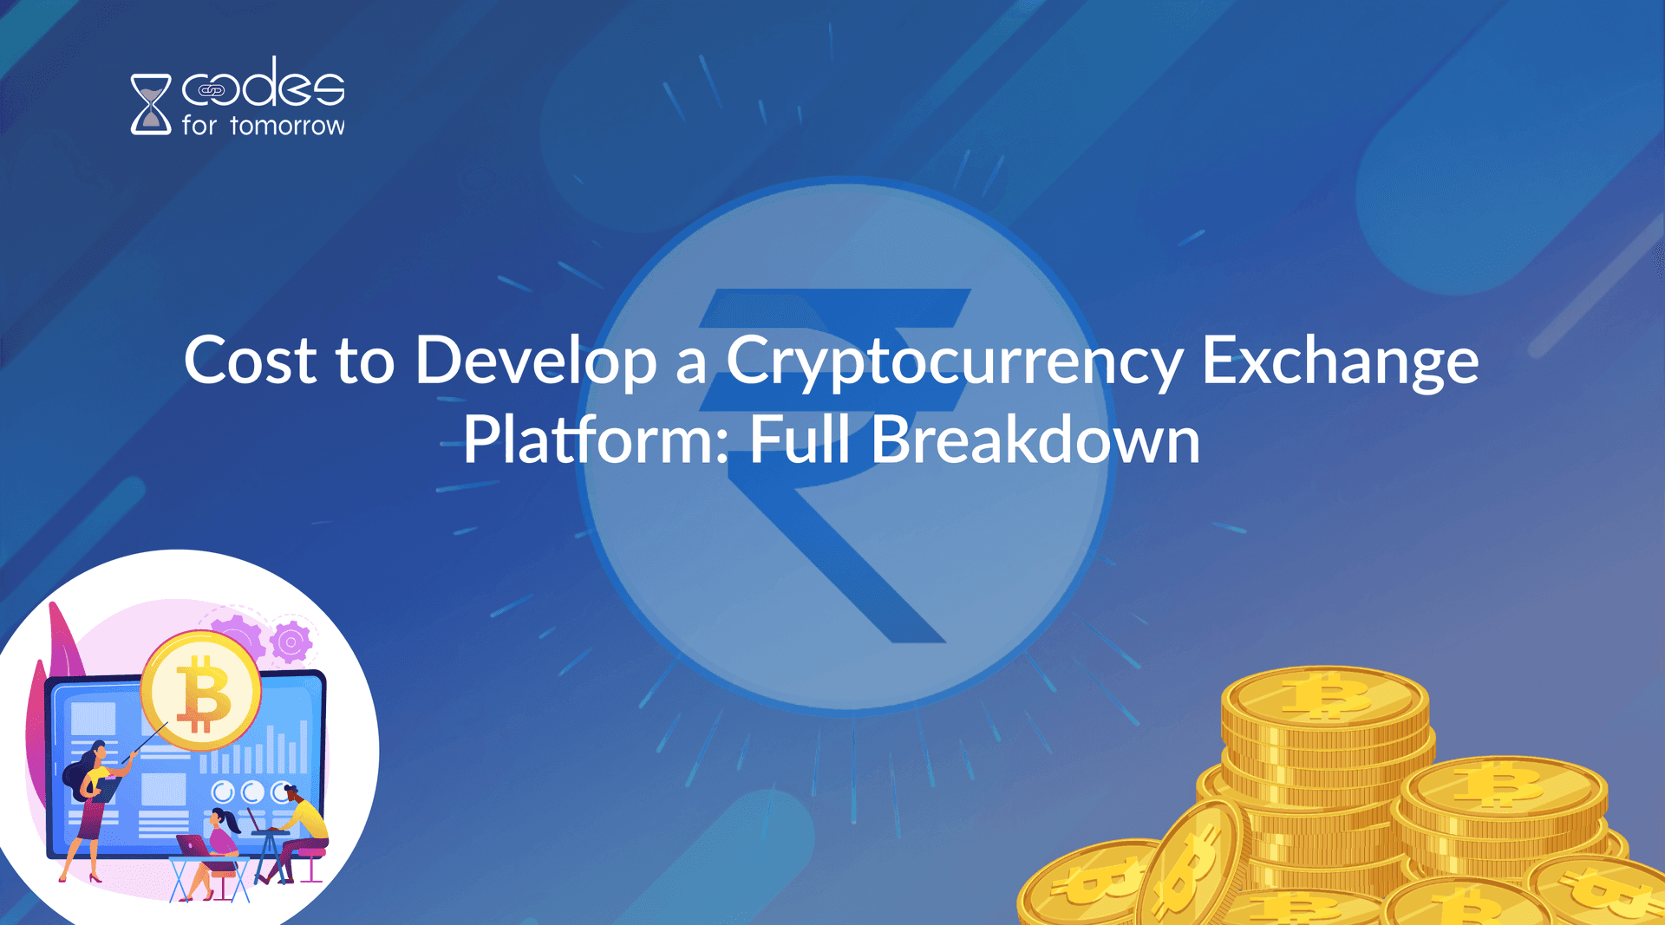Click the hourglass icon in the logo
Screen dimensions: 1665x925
tap(151, 104)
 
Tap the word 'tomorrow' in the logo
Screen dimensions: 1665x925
tap(287, 126)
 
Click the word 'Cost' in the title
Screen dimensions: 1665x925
tap(251, 360)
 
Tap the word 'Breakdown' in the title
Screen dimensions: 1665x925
tap(1035, 439)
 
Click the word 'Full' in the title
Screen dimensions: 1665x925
tap(800, 439)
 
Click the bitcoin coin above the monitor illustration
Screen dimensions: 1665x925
tap(201, 691)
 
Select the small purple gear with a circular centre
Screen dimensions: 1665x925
tap(291, 642)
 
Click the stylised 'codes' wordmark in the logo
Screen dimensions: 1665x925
tap(263, 85)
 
